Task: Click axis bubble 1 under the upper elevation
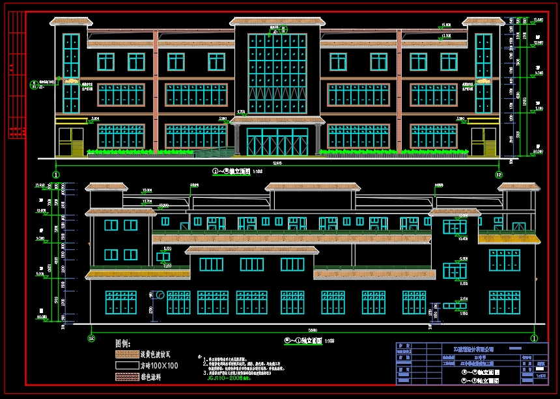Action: pos(56,174)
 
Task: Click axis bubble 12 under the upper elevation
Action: pos(499,174)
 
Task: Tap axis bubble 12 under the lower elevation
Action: pos(91,338)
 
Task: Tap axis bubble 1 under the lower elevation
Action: pos(534,338)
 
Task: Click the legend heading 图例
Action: pos(123,343)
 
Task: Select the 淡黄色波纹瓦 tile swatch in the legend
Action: pos(126,355)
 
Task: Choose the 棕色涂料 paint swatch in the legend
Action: pos(126,376)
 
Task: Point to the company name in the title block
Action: pos(479,350)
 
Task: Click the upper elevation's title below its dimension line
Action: pos(232,172)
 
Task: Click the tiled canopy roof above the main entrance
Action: pos(277,120)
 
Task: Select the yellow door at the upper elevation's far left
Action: pos(68,142)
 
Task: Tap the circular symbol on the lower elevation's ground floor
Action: pos(160,296)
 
